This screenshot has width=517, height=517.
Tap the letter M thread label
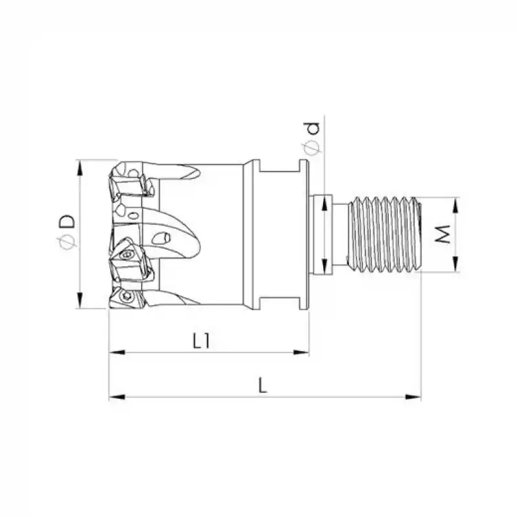(443, 234)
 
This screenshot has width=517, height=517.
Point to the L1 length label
(202, 341)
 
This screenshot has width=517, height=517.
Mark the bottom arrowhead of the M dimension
(456, 264)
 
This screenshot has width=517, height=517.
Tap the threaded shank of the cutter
(384, 234)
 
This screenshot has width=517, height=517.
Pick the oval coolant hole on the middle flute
(165, 237)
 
